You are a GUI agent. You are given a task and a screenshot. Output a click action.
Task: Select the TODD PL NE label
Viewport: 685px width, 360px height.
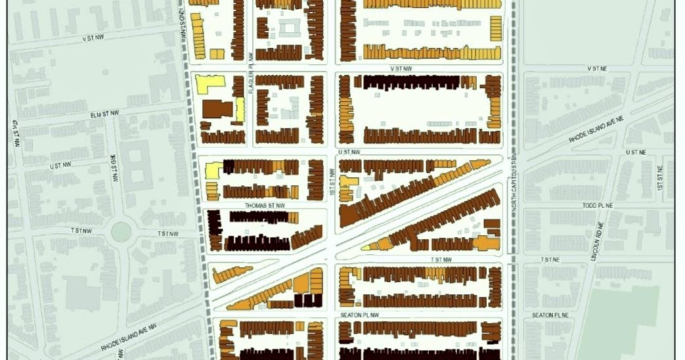coord(597,206)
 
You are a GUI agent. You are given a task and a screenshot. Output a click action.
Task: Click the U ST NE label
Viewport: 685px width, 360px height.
coord(636,152)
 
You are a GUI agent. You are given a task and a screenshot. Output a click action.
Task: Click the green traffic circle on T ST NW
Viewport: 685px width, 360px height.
coord(121,231)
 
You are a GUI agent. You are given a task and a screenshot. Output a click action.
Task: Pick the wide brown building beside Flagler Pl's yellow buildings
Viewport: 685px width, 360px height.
coord(217,108)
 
